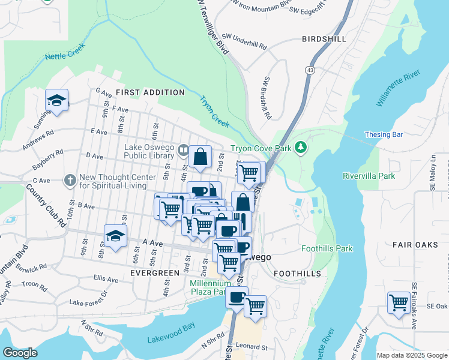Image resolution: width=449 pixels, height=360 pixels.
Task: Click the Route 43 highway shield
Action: (310, 70)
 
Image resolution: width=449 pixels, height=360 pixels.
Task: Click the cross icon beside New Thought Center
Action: (71, 179)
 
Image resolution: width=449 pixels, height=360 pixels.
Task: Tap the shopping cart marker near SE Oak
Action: (399, 302)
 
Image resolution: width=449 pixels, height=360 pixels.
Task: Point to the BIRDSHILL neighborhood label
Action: (324, 39)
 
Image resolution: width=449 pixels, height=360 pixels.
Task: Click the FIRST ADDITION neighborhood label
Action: (150, 92)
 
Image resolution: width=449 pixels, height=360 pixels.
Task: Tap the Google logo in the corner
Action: (20, 353)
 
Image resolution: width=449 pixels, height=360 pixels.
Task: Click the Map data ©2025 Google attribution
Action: (411, 355)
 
